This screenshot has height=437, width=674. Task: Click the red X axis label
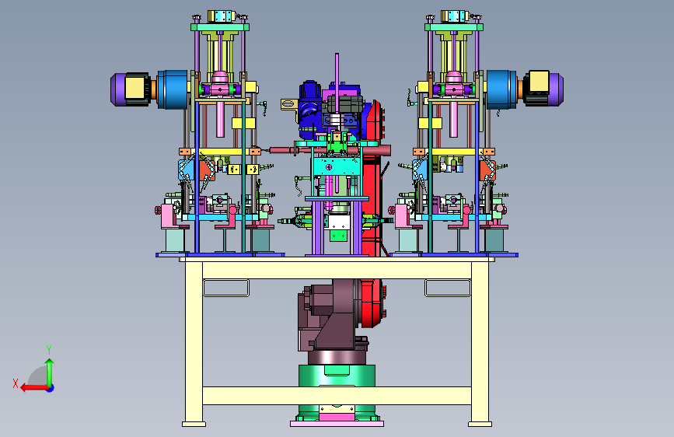click(x=16, y=383)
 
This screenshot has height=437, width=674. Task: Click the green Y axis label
click(x=49, y=349)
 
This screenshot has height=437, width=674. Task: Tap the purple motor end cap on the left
click(x=118, y=89)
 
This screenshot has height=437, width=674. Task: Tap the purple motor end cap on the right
click(x=556, y=89)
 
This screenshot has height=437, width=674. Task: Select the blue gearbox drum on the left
click(x=173, y=89)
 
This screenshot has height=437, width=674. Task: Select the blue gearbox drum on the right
click(x=501, y=89)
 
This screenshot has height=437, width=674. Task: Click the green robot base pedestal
click(x=337, y=390)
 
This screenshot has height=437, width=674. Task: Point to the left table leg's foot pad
click(x=194, y=424)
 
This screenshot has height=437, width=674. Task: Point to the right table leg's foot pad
click(x=480, y=424)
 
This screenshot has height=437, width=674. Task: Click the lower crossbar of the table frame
click(x=337, y=396)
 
